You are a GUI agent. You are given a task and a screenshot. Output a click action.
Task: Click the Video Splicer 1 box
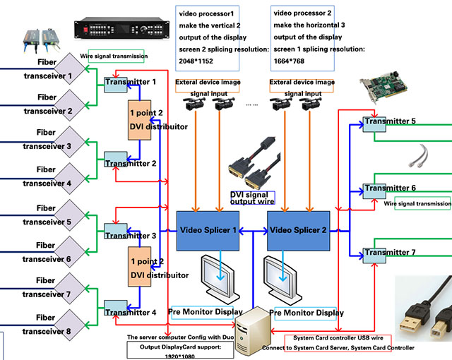tap(209, 230)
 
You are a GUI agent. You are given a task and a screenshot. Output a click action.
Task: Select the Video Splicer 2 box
tap(298, 230)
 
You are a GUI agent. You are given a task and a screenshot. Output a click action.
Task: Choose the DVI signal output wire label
tap(252, 197)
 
